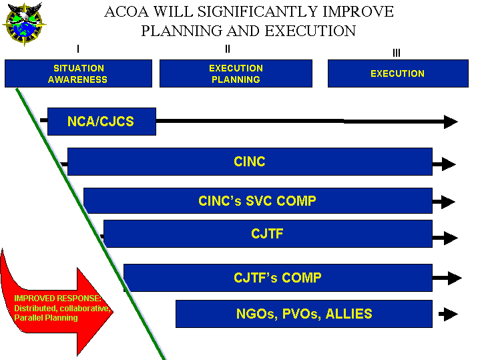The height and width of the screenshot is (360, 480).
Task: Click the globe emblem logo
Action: tap(24, 24)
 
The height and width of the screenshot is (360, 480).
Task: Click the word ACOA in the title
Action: tap(126, 12)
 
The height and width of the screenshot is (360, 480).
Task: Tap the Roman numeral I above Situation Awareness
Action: tap(78, 49)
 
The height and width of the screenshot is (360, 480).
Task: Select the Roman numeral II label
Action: tap(228, 49)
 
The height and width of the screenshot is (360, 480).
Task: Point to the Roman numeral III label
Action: tap(397, 53)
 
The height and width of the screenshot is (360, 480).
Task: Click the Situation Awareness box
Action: tap(78, 73)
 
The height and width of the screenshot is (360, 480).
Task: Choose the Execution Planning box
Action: tap(236, 73)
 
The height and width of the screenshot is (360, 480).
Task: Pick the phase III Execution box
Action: tap(398, 73)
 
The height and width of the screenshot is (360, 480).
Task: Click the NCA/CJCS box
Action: tap(101, 122)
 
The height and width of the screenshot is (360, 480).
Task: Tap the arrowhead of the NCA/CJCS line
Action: tap(451, 122)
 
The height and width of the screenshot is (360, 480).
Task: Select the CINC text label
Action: tap(250, 162)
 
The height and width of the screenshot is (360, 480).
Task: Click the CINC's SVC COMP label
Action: tap(257, 201)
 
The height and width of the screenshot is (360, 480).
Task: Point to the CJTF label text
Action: tap(267, 234)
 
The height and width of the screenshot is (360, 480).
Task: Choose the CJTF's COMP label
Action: tap(278, 278)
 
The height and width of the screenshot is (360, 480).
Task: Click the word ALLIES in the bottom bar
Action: tap(348, 314)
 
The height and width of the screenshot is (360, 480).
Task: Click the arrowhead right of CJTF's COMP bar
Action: tap(455, 279)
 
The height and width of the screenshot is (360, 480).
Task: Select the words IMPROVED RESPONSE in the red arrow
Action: tap(57, 298)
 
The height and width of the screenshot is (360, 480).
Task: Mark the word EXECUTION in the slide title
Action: tap(310, 31)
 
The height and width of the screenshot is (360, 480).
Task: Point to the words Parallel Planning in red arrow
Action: tap(46, 318)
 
